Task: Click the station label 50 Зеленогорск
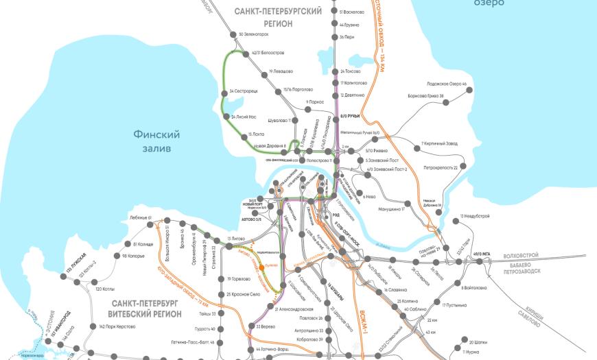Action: (253, 34)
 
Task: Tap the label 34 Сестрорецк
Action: (242, 91)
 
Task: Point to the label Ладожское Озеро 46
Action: (446, 84)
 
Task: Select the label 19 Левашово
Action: (281, 71)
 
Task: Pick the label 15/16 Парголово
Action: (298, 89)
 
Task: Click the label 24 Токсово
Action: (350, 71)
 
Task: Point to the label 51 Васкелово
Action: (352, 12)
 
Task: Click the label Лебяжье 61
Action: (140, 217)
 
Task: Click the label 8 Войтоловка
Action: (478, 287)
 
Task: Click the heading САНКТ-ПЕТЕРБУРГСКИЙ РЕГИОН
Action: (268, 17)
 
